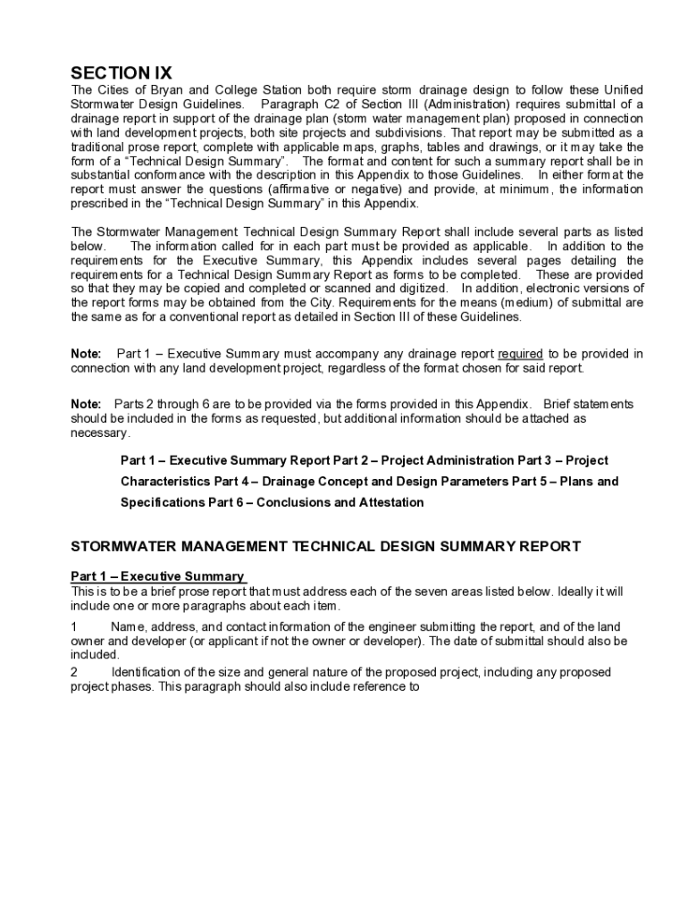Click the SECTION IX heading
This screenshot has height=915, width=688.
[122, 73]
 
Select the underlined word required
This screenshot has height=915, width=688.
[520, 354]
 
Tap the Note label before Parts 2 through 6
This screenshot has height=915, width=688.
[86, 404]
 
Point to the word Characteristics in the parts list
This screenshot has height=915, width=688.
[164, 482]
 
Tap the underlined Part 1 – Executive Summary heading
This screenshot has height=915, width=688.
[157, 576]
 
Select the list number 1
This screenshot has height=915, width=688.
[74, 627]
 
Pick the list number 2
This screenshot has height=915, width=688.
[74, 672]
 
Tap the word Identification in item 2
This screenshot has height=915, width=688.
[148, 672]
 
